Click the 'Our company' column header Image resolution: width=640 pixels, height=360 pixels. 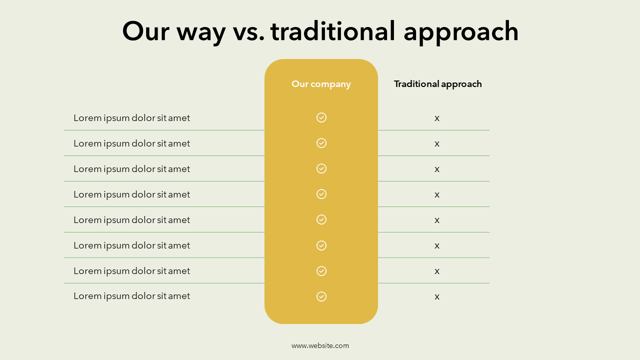[x=321, y=84]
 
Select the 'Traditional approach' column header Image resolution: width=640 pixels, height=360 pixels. [x=437, y=84]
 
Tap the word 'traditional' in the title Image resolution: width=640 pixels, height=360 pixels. [x=333, y=31]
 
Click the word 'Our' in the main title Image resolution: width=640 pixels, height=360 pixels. [x=145, y=31]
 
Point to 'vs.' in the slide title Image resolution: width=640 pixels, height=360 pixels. [x=248, y=33]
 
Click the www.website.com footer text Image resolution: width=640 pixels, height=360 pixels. [x=320, y=345]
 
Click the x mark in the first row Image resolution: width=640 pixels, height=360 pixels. [x=437, y=118]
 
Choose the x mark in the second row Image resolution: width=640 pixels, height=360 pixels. [x=437, y=143]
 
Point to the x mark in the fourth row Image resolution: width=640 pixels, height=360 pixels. [x=437, y=195]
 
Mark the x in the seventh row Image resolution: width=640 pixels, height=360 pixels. [x=437, y=271]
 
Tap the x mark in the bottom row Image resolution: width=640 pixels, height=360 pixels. [x=437, y=297]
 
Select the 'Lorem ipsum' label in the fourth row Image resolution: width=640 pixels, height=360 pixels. [x=131, y=195]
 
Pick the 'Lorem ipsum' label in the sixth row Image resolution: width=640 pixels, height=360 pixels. [x=131, y=245]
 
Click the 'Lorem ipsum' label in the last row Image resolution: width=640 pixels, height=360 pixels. [x=131, y=296]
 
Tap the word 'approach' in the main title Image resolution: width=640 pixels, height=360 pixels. [x=461, y=32]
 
